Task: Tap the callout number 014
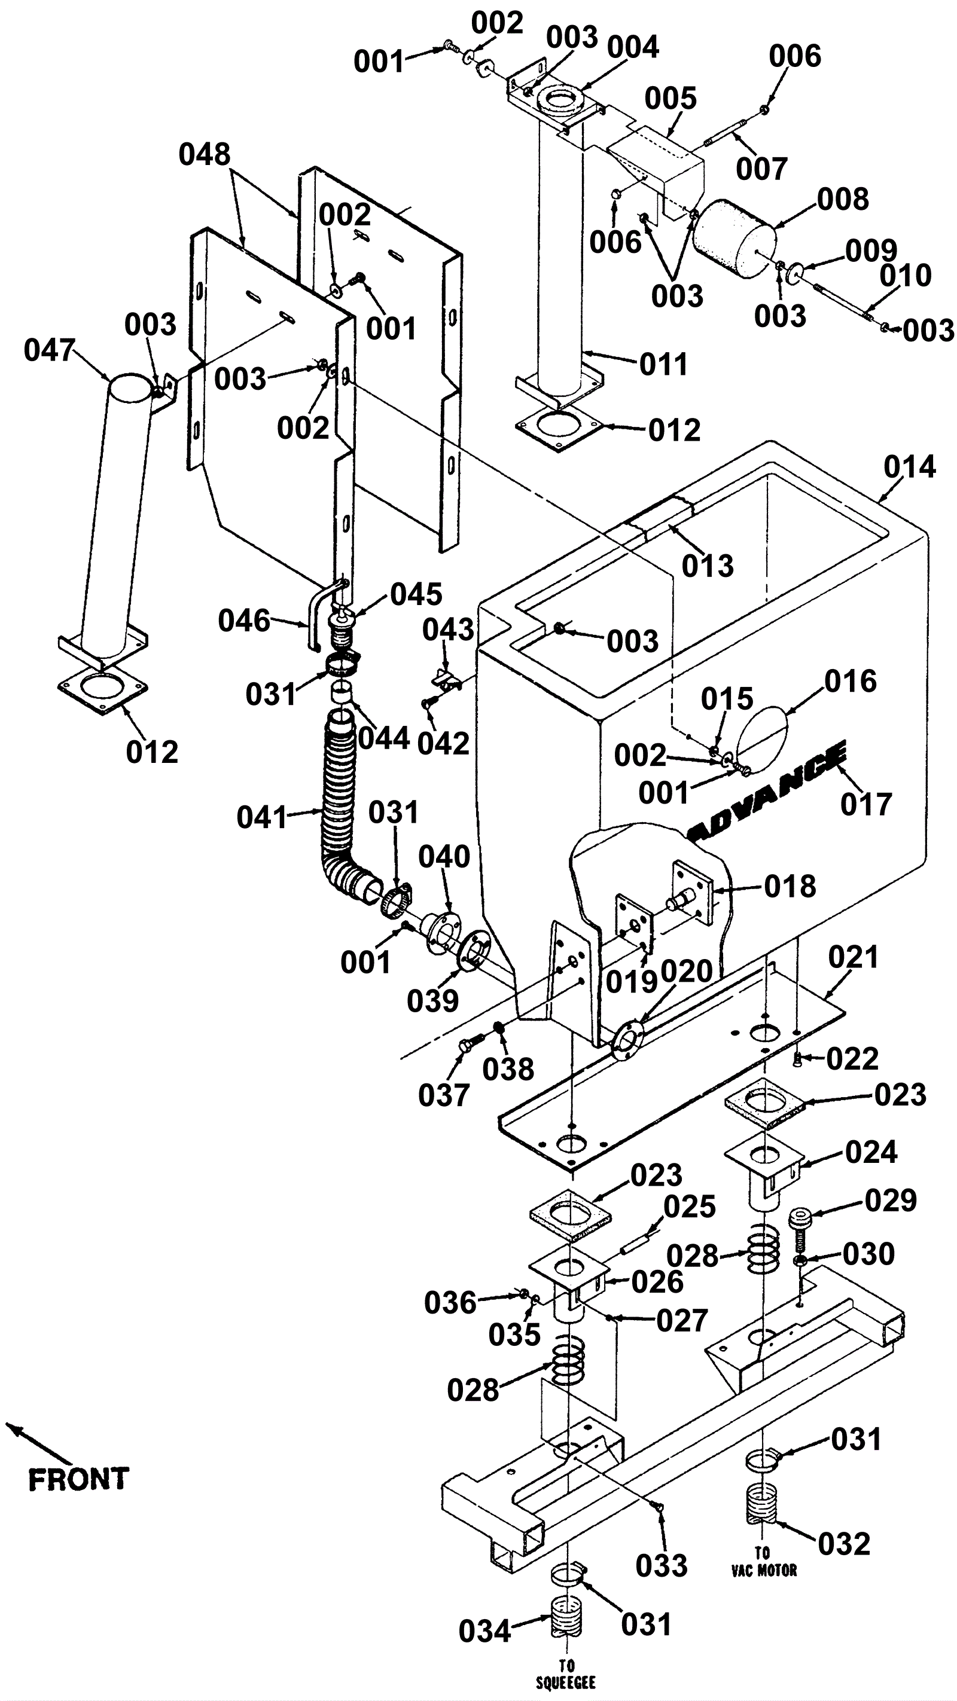point(909,468)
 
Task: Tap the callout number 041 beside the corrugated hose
point(262,817)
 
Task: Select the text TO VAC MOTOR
point(763,1562)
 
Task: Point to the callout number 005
point(671,99)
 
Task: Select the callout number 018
point(790,886)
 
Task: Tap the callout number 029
point(891,1201)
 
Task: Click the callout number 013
point(708,566)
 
